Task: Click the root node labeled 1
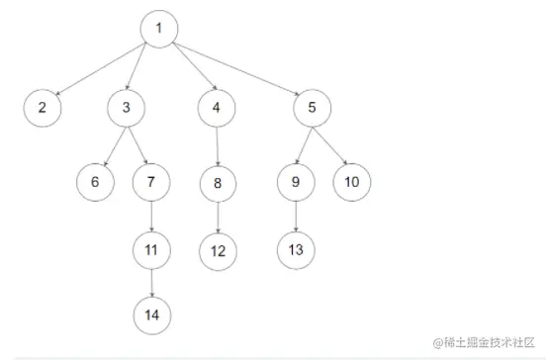click(x=158, y=29)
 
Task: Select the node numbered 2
click(x=44, y=107)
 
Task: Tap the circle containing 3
click(x=128, y=107)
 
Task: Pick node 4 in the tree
click(x=217, y=107)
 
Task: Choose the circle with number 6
click(x=96, y=182)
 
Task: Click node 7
click(x=150, y=182)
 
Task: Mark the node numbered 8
click(x=217, y=182)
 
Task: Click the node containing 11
click(x=151, y=249)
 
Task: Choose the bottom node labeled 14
click(x=151, y=314)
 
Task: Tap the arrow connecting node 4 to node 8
click(x=217, y=144)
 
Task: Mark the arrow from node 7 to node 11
click(x=150, y=216)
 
